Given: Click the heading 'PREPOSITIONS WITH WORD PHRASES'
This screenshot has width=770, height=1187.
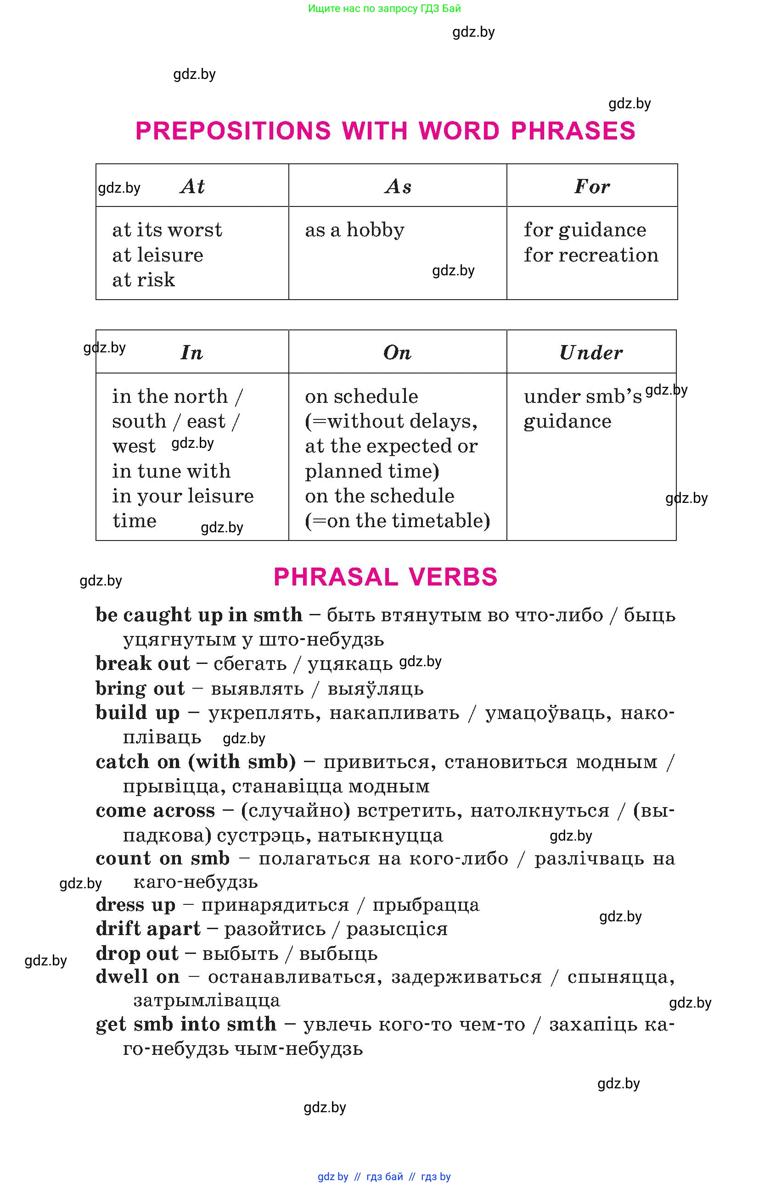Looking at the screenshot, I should click(385, 131).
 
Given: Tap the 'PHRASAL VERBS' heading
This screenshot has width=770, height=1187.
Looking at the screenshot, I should click(385, 577).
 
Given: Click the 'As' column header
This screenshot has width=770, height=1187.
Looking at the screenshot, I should click(398, 187).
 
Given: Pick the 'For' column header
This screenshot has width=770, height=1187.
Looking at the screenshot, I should click(592, 187).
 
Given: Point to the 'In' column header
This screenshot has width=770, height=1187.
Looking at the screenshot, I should click(192, 352).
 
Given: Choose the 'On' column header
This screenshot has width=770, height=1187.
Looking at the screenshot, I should click(398, 352).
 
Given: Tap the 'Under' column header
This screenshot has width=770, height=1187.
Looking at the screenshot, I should click(591, 352).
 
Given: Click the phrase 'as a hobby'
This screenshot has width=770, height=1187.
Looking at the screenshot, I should click(355, 230).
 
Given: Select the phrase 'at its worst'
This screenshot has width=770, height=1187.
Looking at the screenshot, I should click(167, 230).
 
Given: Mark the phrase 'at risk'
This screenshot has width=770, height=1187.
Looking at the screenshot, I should click(144, 280).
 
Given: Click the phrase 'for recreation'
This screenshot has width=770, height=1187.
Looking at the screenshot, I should click(591, 255).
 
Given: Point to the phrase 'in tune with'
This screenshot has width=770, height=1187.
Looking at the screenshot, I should click(171, 471).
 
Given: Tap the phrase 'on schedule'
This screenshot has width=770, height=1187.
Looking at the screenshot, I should click(362, 396).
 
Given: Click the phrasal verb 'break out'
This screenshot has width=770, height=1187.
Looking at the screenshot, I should click(143, 663).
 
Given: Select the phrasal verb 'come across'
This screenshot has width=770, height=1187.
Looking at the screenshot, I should click(155, 810).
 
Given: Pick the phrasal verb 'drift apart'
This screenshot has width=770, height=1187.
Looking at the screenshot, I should click(148, 929).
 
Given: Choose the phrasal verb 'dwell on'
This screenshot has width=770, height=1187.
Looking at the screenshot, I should click(138, 976).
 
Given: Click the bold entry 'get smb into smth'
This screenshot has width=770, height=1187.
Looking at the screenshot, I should click(185, 1025).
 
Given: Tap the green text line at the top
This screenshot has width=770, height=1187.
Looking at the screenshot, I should click(384, 8).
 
